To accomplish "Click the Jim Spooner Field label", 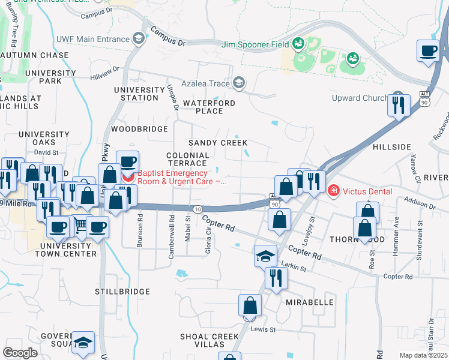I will (x=255, y=44).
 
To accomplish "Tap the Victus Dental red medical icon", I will (x=334, y=191).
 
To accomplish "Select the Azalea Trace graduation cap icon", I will (x=240, y=83).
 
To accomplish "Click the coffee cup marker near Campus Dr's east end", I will (x=429, y=52).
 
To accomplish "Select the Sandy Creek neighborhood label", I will (x=218, y=143).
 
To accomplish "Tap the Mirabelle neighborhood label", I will (x=309, y=302).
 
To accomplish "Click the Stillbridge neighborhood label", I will (x=122, y=292).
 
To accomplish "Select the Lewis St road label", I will (x=264, y=329).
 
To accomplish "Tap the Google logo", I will (x=20, y=352).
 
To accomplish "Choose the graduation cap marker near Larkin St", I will (x=265, y=256).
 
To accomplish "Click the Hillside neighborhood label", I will (x=392, y=147).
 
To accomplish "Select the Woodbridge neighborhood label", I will (x=139, y=129).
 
